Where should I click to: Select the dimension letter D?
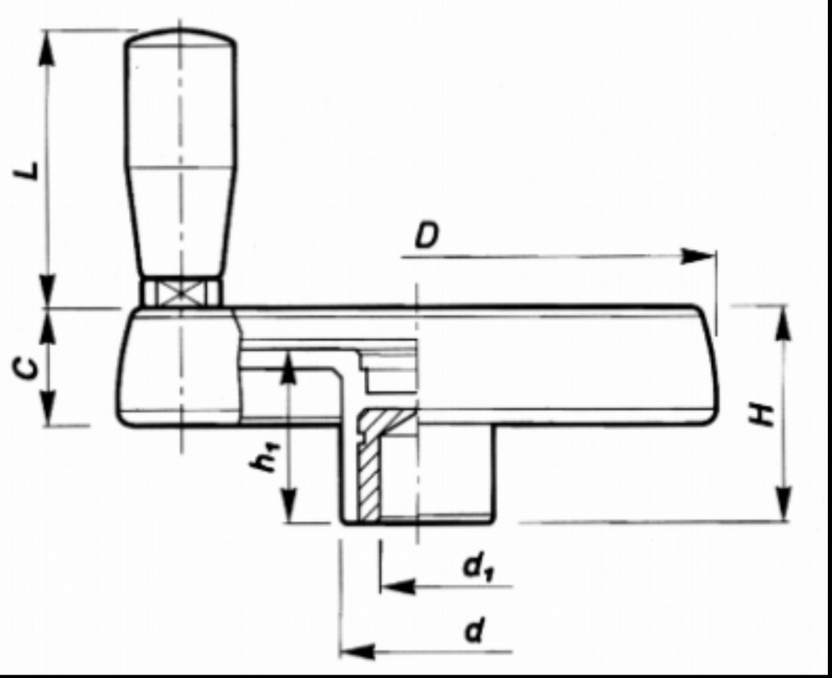point(426,235)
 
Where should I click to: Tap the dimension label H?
point(761,414)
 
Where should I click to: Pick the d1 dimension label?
point(479,566)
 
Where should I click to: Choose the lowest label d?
point(475,631)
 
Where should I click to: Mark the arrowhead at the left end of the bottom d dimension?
point(357,650)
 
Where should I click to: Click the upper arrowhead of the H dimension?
point(784,323)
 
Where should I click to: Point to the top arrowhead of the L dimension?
point(47,48)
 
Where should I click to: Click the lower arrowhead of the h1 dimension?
point(288,505)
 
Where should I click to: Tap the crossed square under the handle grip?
point(182,293)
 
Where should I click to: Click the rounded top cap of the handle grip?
point(181,36)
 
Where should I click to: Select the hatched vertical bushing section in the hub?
point(370,477)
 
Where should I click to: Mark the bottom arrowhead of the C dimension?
point(48,408)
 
